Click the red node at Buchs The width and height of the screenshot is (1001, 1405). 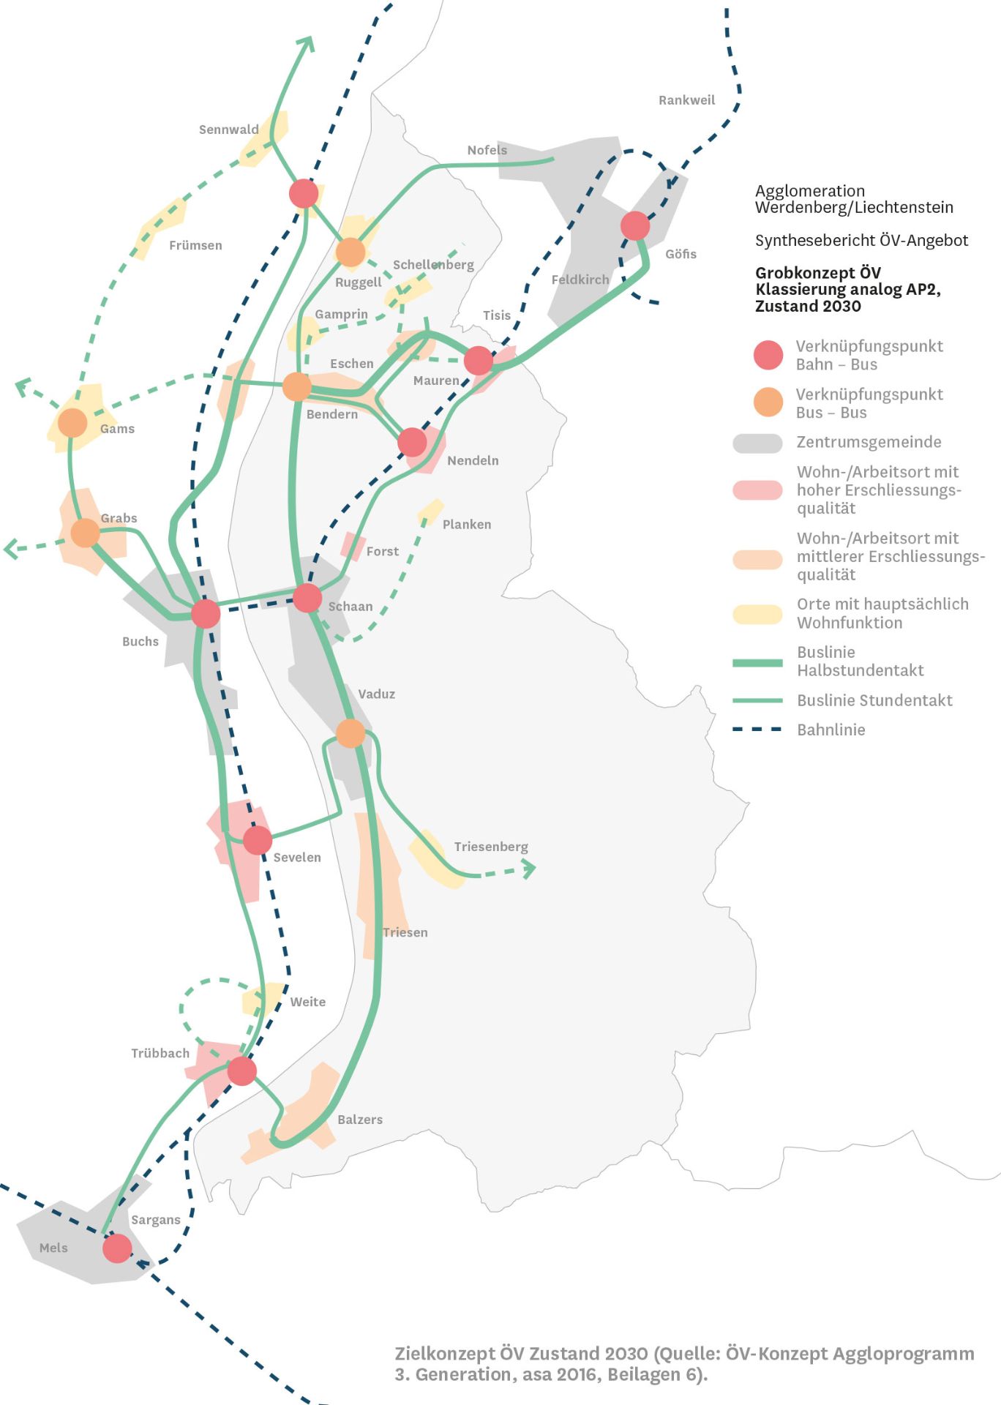(x=206, y=613)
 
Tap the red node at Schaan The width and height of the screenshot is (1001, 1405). (x=307, y=598)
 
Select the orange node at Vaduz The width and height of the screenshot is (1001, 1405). (x=350, y=733)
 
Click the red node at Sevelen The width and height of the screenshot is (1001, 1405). (x=258, y=840)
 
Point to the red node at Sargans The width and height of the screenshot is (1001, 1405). (x=117, y=1248)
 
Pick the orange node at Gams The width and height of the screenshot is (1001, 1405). (x=72, y=423)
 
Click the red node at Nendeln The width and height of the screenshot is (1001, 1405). (x=412, y=442)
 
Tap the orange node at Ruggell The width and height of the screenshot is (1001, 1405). (x=350, y=252)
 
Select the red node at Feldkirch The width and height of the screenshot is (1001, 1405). (x=635, y=225)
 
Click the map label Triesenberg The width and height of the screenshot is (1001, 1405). (x=491, y=847)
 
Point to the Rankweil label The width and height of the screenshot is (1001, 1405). (x=686, y=100)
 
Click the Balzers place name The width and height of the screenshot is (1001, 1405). (x=360, y=1120)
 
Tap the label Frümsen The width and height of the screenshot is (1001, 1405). (x=195, y=245)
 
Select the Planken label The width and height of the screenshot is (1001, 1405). (x=467, y=525)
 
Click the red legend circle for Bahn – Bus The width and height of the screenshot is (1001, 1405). (x=768, y=355)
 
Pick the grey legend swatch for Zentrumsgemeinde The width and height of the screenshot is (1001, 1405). (x=757, y=443)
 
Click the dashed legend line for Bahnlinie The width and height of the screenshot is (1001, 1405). (x=757, y=730)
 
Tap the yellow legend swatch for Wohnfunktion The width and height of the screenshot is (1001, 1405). (x=757, y=614)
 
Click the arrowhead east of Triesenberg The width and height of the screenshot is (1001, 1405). (x=529, y=869)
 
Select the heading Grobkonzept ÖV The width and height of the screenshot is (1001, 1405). (x=818, y=273)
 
